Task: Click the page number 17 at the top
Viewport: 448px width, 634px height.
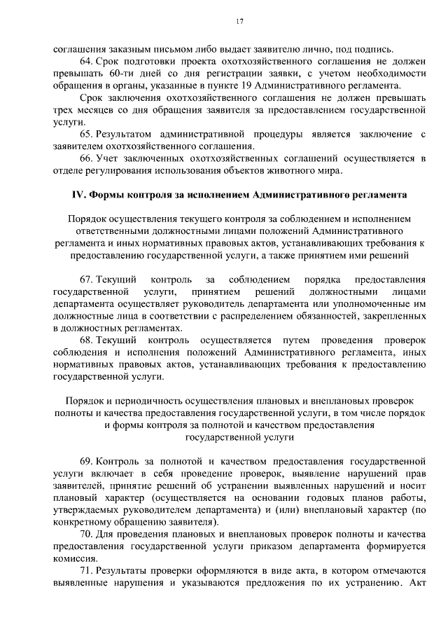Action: click(x=239, y=22)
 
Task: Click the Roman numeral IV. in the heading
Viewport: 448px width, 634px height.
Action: click(x=81, y=195)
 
